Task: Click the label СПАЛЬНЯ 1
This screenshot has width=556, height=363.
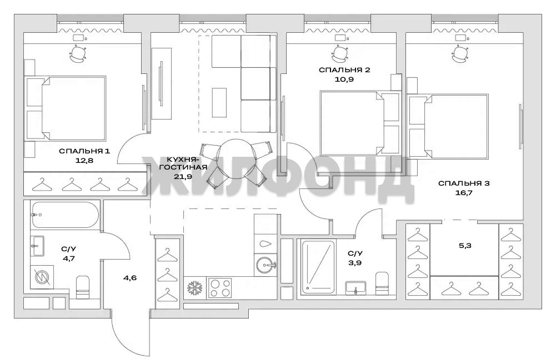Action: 84,151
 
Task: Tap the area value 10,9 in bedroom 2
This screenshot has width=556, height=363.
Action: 344,79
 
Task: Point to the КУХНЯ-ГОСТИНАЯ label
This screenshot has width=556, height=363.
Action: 183,162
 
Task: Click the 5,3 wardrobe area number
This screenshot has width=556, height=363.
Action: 465,246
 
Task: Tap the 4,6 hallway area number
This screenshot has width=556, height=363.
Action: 130,278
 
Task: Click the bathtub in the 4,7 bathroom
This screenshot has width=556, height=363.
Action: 64,215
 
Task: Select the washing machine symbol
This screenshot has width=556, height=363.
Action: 42,277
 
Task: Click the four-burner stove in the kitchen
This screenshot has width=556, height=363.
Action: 219,287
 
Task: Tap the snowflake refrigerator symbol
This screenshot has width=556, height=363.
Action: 194,287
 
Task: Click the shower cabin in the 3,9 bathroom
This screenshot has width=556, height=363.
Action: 318,267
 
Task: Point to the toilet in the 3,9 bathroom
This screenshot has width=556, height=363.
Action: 382,283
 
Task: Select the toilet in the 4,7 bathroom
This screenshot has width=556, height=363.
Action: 83,287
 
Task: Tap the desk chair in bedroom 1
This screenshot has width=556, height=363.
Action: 78,53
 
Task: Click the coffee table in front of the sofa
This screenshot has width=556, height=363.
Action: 219,102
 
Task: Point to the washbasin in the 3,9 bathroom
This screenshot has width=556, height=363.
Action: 356,287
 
